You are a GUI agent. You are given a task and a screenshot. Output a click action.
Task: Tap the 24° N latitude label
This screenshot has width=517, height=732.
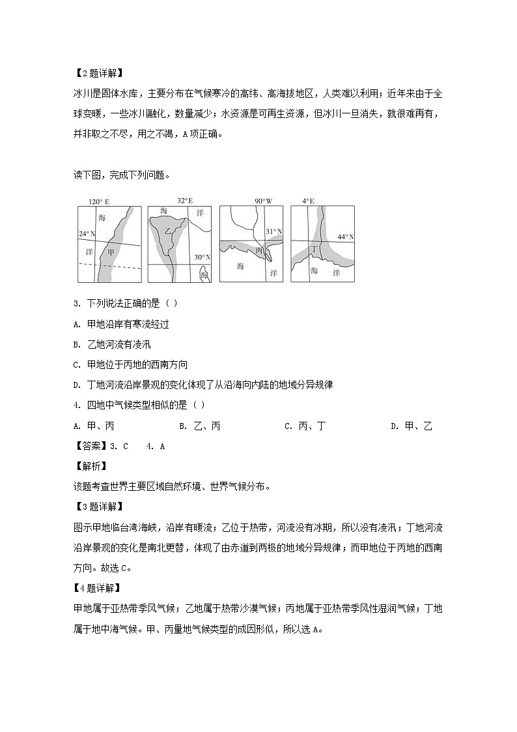(x=87, y=233)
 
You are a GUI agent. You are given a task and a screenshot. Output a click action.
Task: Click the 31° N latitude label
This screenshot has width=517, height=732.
(x=273, y=231)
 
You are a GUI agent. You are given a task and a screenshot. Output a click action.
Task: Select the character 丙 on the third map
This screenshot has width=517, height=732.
(x=259, y=250)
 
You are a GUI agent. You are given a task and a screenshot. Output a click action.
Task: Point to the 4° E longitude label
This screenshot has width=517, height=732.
(x=309, y=201)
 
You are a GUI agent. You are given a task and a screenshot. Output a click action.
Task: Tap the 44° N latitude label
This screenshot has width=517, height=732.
(x=345, y=236)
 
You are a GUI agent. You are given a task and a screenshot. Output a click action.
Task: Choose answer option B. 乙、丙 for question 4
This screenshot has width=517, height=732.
(x=199, y=426)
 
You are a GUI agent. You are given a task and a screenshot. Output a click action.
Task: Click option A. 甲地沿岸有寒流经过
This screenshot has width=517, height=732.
(x=122, y=324)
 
